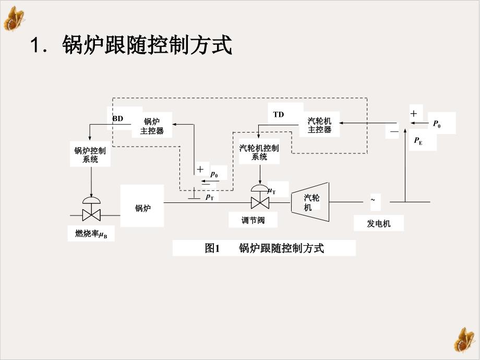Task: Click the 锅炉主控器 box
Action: (152, 126)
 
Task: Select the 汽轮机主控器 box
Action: (319, 125)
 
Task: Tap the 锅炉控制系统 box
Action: (90, 154)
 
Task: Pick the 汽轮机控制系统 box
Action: (259, 152)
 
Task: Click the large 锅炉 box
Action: (142, 206)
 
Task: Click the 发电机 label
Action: (378, 224)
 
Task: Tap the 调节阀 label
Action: (253, 220)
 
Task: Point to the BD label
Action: (118, 118)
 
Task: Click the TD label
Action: (279, 114)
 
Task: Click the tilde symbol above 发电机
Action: (373, 199)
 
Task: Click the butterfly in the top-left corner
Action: (14, 18)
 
